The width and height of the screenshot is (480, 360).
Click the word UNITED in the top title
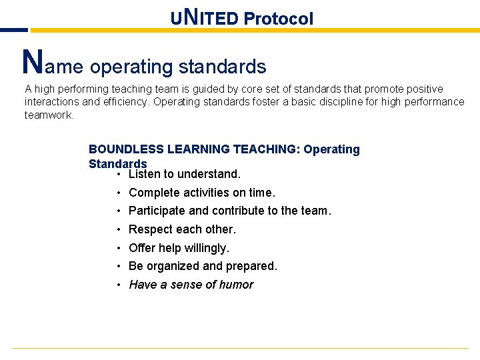tap(204, 18)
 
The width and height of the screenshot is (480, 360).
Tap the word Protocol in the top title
tap(278, 19)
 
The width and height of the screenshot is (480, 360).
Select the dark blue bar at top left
tap(13, 30)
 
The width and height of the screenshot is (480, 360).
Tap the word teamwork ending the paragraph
tap(48, 115)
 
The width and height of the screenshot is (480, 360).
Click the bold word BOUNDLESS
tap(126, 149)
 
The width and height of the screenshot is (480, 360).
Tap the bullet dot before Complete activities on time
tap(117, 193)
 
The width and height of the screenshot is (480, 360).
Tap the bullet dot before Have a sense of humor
tap(117, 285)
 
